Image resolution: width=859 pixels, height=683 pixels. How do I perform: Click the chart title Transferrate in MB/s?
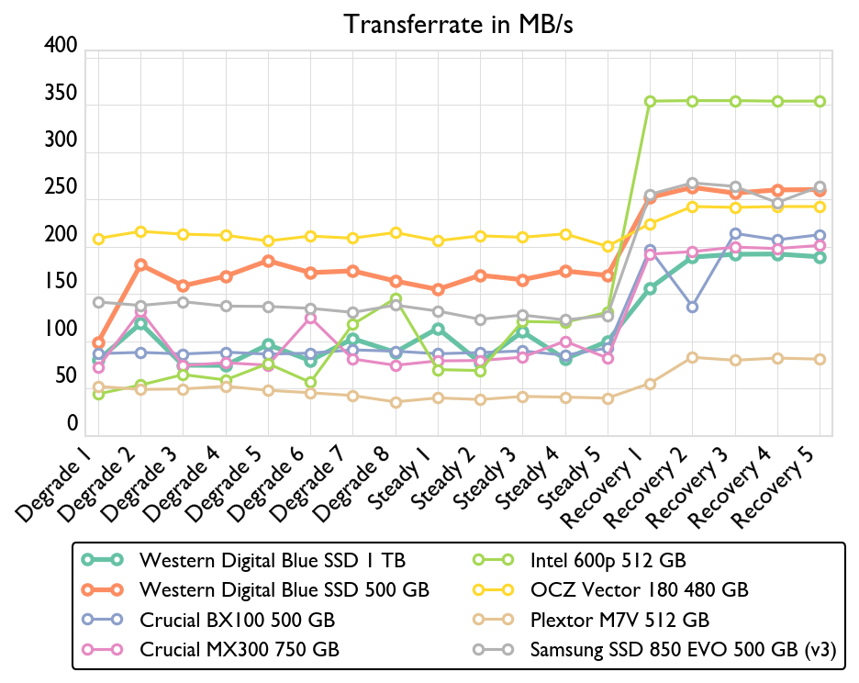pos(458,24)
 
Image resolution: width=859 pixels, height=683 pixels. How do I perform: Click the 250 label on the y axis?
pos(61,189)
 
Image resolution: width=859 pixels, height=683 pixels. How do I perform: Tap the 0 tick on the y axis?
pos(71,424)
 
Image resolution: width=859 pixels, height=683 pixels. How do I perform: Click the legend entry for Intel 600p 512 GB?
pos(608,559)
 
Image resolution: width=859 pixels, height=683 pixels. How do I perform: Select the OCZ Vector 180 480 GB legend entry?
pos(640,589)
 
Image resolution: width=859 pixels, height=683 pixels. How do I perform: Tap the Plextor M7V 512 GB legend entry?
pos(619,620)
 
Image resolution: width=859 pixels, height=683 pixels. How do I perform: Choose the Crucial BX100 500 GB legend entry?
pos(237,620)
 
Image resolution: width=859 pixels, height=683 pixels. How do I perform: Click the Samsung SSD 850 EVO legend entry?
pos(683,650)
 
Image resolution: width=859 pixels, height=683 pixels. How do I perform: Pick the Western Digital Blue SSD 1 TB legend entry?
pos(272,559)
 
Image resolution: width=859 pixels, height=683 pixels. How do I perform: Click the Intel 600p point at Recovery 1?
pos(650,102)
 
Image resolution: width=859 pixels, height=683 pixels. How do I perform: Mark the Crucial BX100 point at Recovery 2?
pos(692,307)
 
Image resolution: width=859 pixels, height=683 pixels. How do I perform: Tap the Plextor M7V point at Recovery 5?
pos(820,359)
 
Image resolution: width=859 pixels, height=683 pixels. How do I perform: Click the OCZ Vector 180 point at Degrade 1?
pos(98,239)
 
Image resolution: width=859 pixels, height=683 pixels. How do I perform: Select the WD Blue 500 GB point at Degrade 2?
pos(140,264)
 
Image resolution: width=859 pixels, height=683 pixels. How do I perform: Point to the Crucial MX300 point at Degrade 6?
pos(310,318)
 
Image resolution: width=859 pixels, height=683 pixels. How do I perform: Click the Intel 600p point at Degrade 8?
pos(396,299)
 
